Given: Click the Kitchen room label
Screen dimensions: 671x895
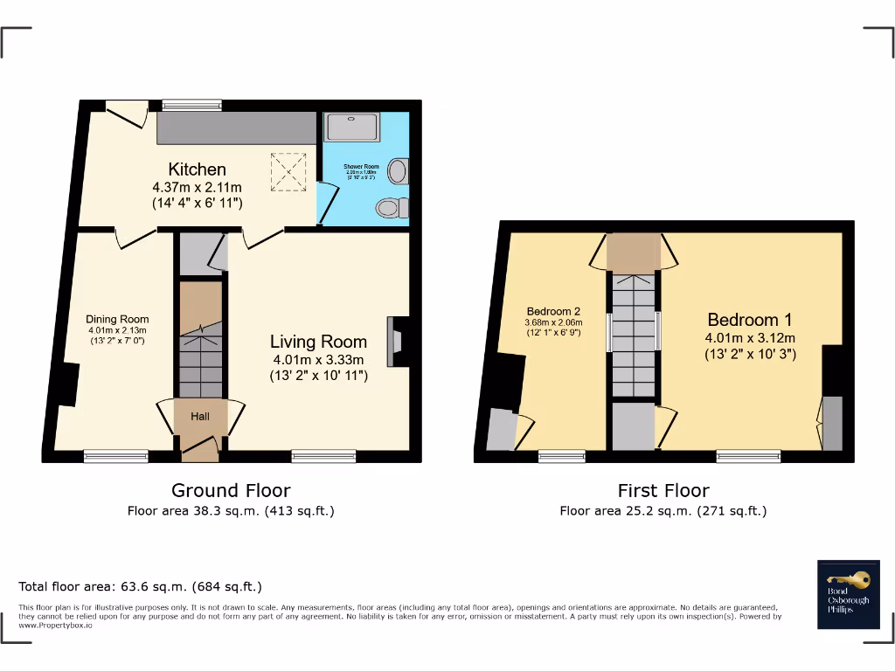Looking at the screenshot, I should [197, 169].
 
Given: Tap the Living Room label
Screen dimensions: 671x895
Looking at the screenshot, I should [317, 342].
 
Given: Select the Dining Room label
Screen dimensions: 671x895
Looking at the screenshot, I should [117, 319].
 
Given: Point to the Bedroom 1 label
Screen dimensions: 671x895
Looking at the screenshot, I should [750, 320].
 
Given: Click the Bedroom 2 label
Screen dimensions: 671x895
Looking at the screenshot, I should [553, 311].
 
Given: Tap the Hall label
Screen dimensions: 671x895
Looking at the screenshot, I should [200, 417].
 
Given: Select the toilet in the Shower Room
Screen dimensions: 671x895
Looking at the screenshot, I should [390, 208].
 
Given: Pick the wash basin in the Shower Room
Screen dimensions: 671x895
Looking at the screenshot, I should [398, 170].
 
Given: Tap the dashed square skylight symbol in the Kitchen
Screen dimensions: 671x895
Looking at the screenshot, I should [288, 171].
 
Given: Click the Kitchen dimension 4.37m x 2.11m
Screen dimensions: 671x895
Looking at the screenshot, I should [197, 187].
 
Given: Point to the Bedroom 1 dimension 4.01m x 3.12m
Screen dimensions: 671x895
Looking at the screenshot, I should [750, 338].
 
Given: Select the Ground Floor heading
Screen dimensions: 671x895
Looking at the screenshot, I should [231, 490].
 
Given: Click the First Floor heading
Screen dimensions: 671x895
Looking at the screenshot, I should [663, 490].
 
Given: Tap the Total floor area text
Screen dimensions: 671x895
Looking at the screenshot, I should [141, 586].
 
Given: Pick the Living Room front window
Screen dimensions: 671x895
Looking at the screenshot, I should [323, 454].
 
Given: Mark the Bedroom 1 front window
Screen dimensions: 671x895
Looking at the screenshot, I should [748, 454].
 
